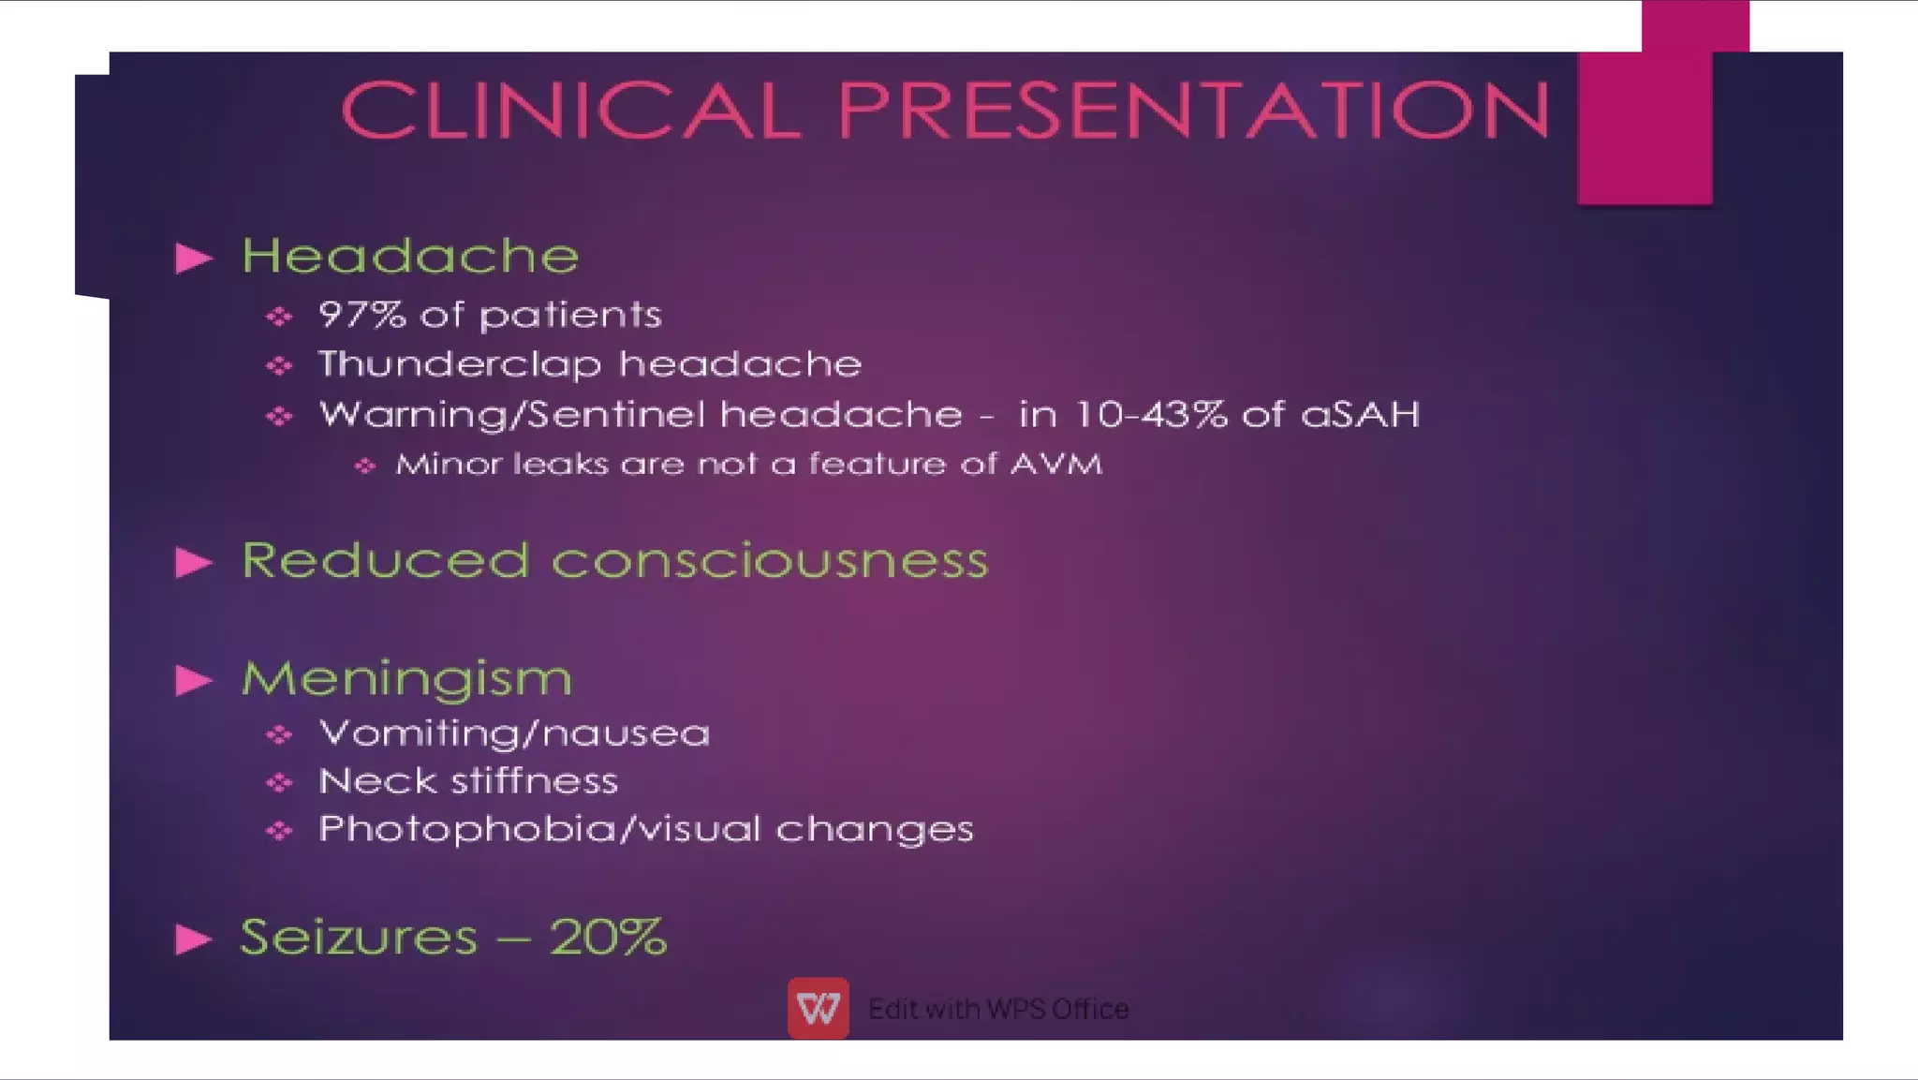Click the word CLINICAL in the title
(571, 110)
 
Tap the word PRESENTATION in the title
(1193, 110)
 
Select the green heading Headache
(410, 256)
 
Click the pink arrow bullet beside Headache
(194, 259)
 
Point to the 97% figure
(361, 315)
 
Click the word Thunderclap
(460, 364)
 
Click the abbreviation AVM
(1055, 464)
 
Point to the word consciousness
(769, 561)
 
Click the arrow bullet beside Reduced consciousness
(194, 562)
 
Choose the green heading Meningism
(406, 679)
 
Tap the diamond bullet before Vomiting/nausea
(279, 735)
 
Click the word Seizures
(359, 937)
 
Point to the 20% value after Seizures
(608, 937)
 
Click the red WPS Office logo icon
(818, 1009)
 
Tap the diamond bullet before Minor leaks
(365, 466)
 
